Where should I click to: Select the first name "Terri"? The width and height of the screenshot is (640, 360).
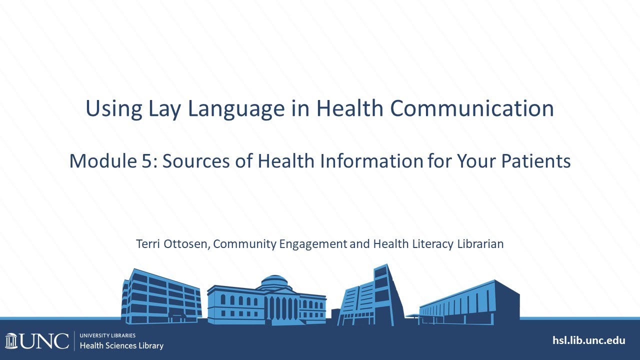click(x=147, y=244)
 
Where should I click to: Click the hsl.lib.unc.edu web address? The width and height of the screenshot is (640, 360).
click(x=588, y=340)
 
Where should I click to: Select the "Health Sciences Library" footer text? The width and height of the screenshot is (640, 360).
click(x=121, y=345)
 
